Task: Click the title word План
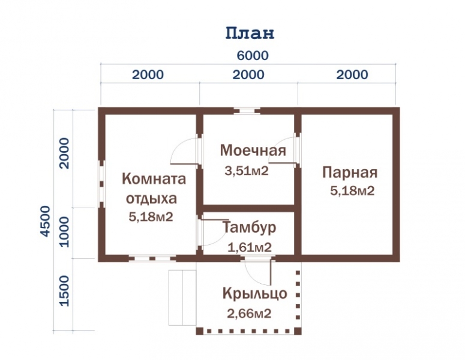pos(250,33)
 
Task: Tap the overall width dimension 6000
pos(253,55)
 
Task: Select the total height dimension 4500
pos(46,221)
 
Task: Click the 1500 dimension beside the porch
pos(64,291)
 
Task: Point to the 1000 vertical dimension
pos(64,232)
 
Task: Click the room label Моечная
pos(253,151)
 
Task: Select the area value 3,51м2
pos(247,171)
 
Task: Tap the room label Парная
pos(350,173)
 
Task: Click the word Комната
pos(154,179)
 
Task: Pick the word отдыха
pos(152,199)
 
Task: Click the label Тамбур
pos(249,227)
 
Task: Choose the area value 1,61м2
pos(250,247)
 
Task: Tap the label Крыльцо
pos(255,294)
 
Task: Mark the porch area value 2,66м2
pos(249,313)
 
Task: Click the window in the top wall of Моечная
pos(247,111)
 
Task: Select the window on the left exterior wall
pos(102,184)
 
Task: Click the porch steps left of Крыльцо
pos(182,298)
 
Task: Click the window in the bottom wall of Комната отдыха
pos(152,259)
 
